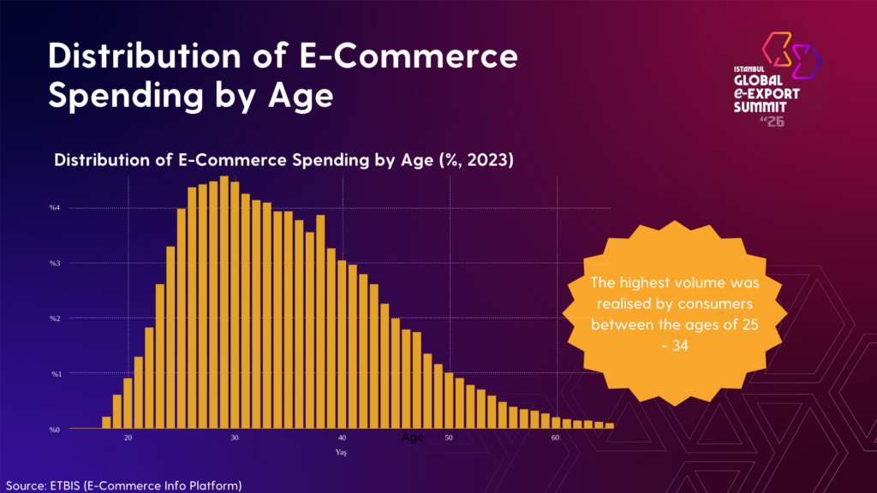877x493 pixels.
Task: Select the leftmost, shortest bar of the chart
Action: [x=106, y=423]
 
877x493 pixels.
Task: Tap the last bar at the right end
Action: [x=610, y=425]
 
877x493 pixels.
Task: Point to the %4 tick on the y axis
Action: [x=54, y=208]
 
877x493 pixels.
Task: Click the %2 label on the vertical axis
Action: [x=54, y=318]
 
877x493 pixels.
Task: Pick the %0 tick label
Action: [x=54, y=429]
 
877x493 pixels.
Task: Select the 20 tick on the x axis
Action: [x=128, y=438]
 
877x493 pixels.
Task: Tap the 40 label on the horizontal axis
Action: [x=342, y=438]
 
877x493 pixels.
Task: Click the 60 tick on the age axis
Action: [x=555, y=438]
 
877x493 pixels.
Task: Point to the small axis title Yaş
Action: [x=341, y=451]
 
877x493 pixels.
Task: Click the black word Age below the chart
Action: [x=413, y=437]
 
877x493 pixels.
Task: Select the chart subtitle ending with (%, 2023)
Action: [x=283, y=160]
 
